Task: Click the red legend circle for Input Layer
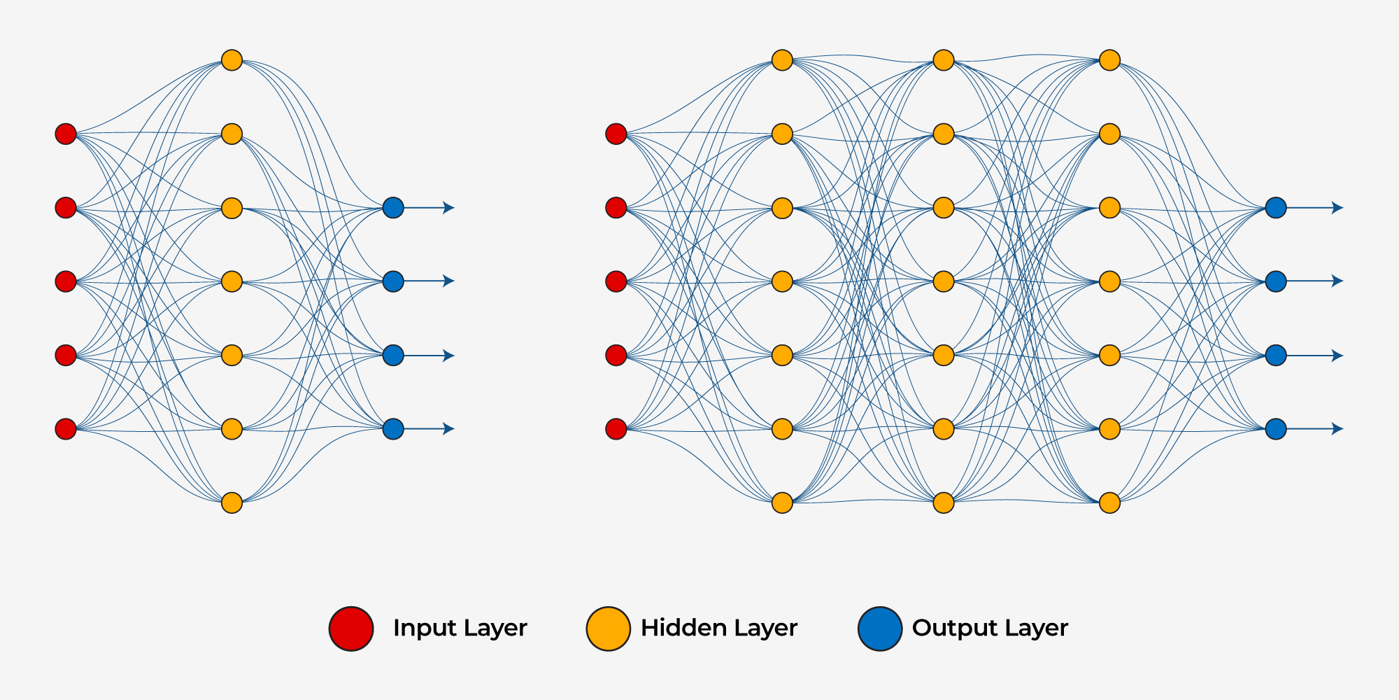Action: click(x=351, y=629)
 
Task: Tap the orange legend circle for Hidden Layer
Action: click(x=608, y=629)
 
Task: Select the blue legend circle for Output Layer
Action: click(x=880, y=629)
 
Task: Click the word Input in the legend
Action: click(x=419, y=628)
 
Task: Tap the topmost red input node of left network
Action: click(x=66, y=134)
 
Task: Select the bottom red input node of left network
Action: click(x=66, y=428)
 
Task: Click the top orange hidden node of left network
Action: click(x=232, y=60)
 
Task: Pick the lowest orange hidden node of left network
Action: click(x=232, y=503)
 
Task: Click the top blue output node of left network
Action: click(x=393, y=208)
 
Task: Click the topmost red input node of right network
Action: click(x=616, y=134)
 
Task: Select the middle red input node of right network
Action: click(x=616, y=281)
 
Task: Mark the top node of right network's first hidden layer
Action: click(x=782, y=60)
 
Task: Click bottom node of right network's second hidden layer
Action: click(x=944, y=503)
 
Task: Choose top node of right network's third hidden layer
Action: click(x=1110, y=60)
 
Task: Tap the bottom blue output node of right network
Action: click(x=1276, y=428)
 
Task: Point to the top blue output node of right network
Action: click(x=1276, y=208)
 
